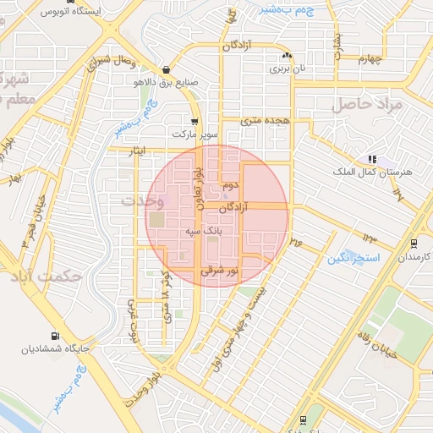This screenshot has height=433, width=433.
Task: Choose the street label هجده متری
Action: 266,121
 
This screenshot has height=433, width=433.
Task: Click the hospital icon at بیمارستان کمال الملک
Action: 372,159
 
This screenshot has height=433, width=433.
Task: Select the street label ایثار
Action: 136,150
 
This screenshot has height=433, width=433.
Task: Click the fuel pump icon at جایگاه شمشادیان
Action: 56,336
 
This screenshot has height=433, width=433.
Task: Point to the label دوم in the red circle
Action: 233,184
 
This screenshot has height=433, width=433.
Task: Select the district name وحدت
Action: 140,201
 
